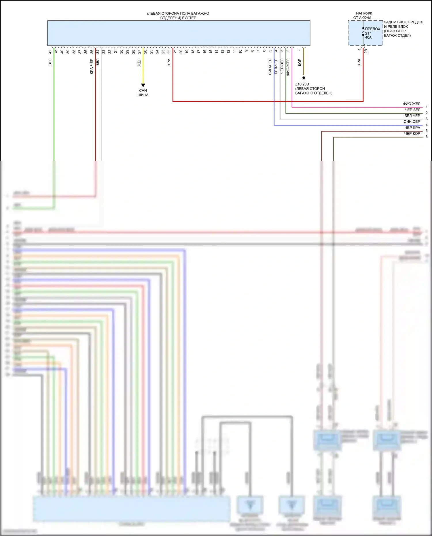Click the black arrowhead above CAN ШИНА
point(143,85)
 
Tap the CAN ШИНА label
point(143,93)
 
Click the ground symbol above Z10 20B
point(304,78)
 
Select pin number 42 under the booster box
point(50,52)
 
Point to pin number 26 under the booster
point(145,52)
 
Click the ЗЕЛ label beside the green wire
point(50,62)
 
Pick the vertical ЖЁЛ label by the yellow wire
point(139,63)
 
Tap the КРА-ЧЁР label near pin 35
point(92,67)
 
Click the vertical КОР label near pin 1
point(300,62)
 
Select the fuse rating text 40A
point(368,37)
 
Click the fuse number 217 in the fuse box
point(368,33)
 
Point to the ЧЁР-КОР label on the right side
point(412,134)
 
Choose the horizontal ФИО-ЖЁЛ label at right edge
point(412,104)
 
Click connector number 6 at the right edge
point(427,137)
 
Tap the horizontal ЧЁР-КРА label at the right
point(412,128)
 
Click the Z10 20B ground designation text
point(302,84)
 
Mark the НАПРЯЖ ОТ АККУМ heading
point(363,16)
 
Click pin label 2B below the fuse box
point(366,51)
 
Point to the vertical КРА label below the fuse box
point(359,62)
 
